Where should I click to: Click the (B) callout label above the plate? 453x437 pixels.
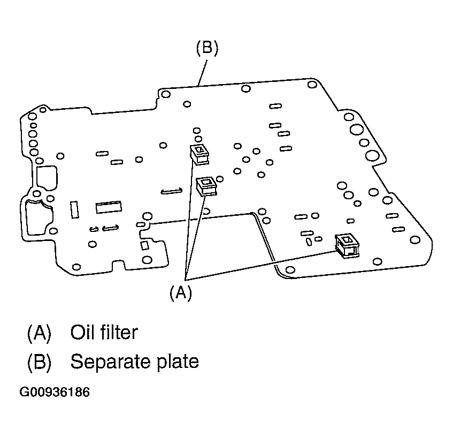pos(206,49)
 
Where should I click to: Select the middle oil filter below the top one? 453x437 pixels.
pos(206,186)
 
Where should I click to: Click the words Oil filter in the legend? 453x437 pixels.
pos(104,333)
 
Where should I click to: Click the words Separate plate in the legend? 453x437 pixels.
pos(134,361)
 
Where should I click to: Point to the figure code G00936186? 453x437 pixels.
pos(55,392)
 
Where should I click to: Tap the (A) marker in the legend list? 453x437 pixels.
pos(39,333)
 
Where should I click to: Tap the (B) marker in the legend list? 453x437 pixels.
pos(39,362)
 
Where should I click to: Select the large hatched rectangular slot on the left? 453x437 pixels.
pos(109,207)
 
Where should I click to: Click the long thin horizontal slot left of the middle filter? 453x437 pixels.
pos(171,190)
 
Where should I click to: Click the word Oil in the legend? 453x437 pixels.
pos(81,333)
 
